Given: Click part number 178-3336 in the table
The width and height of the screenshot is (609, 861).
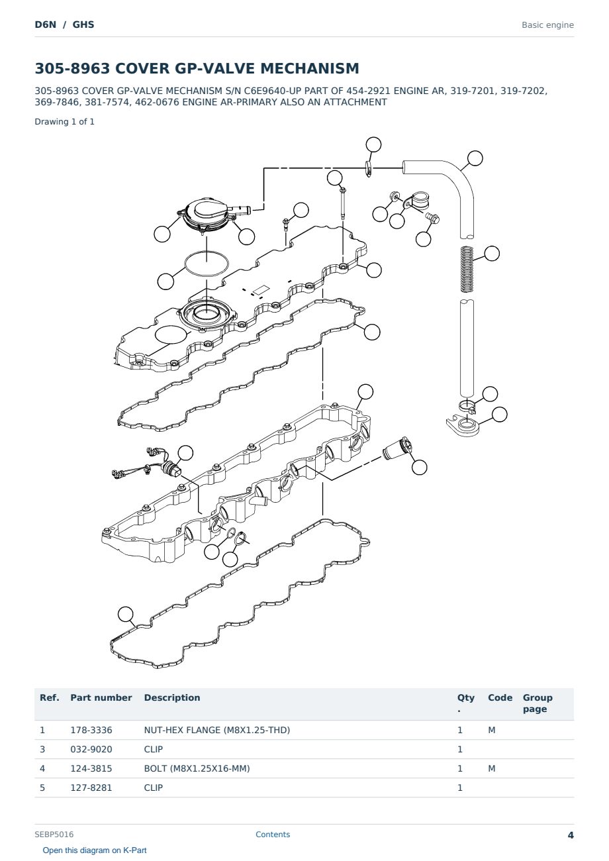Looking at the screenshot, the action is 91,730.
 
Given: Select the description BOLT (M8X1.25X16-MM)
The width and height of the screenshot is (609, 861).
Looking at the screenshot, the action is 197,768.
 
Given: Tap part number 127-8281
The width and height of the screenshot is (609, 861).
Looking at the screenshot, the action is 91,787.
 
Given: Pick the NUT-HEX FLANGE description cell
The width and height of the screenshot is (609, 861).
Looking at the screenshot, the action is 216,730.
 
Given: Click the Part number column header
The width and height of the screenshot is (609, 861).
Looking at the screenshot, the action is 101,697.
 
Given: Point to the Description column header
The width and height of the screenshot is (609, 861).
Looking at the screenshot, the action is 172,697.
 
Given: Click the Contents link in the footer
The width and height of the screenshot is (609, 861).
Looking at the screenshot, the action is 273,835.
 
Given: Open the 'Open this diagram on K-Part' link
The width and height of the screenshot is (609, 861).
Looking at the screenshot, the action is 95,850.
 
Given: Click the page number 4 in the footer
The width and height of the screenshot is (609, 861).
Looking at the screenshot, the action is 571,835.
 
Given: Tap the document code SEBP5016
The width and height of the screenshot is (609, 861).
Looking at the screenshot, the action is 54,835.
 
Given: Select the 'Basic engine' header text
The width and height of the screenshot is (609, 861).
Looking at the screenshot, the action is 547,25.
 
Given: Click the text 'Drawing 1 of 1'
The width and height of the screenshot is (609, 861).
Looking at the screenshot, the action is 65,122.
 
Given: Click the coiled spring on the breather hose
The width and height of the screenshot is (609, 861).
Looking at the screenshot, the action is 467,269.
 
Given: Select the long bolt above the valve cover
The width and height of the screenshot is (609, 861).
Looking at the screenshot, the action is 343,203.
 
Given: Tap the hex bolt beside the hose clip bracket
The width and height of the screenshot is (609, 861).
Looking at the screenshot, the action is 433,218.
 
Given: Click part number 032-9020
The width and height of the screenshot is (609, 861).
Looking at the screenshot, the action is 91,749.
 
